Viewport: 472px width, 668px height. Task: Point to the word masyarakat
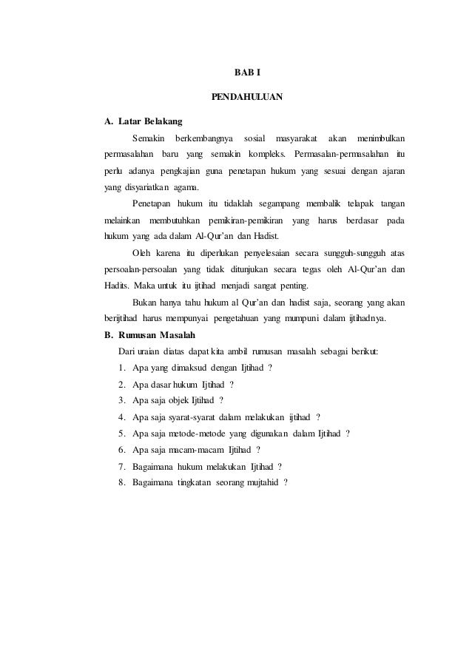tap(296, 138)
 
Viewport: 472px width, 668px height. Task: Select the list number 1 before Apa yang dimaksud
tap(121, 368)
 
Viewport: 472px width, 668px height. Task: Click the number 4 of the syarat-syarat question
tap(121, 417)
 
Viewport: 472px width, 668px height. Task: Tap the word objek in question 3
tap(177, 401)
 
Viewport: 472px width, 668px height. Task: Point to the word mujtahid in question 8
tap(252, 482)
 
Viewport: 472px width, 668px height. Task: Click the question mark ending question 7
tap(280, 466)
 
